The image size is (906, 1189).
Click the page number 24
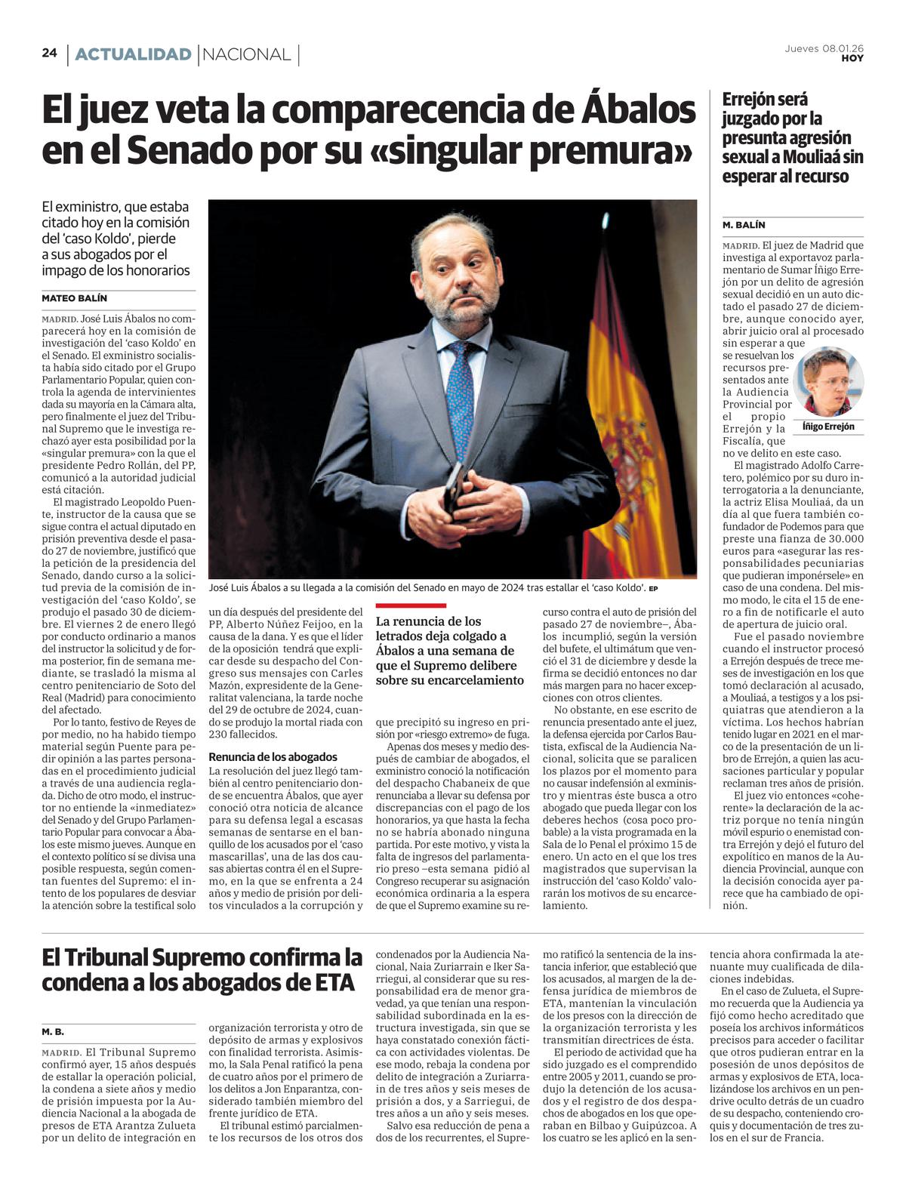click(x=50, y=53)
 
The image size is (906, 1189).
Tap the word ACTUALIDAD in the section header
click(x=133, y=54)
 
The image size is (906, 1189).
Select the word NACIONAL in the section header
click(x=247, y=54)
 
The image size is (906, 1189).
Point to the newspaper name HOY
click(x=852, y=58)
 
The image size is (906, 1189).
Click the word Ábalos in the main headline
click(x=637, y=109)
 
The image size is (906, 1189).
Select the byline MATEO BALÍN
click(x=74, y=298)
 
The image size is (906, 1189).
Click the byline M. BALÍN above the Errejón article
click(x=744, y=225)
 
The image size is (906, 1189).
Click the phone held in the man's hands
click(x=454, y=487)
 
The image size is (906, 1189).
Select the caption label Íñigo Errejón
click(x=828, y=427)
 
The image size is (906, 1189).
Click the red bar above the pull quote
click(x=411, y=605)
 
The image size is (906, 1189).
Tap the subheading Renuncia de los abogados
click(x=273, y=756)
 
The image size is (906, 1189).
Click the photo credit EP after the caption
click(x=653, y=589)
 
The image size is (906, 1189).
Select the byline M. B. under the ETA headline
click(x=53, y=1031)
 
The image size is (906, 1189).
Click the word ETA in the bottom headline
click(x=330, y=982)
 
